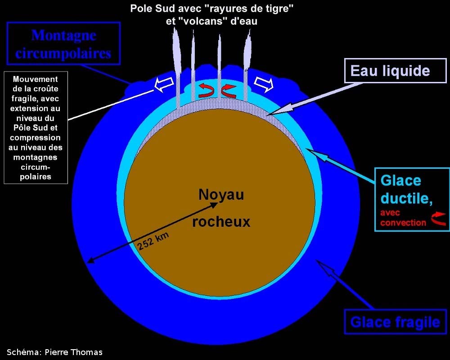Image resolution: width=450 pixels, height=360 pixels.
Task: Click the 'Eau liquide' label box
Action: [390, 71]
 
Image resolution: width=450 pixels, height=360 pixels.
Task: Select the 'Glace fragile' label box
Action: [395, 322]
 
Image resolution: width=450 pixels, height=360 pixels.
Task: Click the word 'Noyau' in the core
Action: [221, 194]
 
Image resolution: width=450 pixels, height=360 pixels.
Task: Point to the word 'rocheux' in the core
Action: [221, 221]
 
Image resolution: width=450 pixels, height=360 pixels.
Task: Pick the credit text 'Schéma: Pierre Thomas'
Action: [54, 352]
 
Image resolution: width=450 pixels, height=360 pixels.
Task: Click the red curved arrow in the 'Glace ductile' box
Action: [437, 219]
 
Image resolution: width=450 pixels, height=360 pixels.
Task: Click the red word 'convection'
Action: [403, 222]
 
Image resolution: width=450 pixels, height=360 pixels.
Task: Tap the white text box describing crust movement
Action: [36, 127]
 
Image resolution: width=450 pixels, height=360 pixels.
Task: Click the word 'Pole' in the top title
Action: [140, 8]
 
